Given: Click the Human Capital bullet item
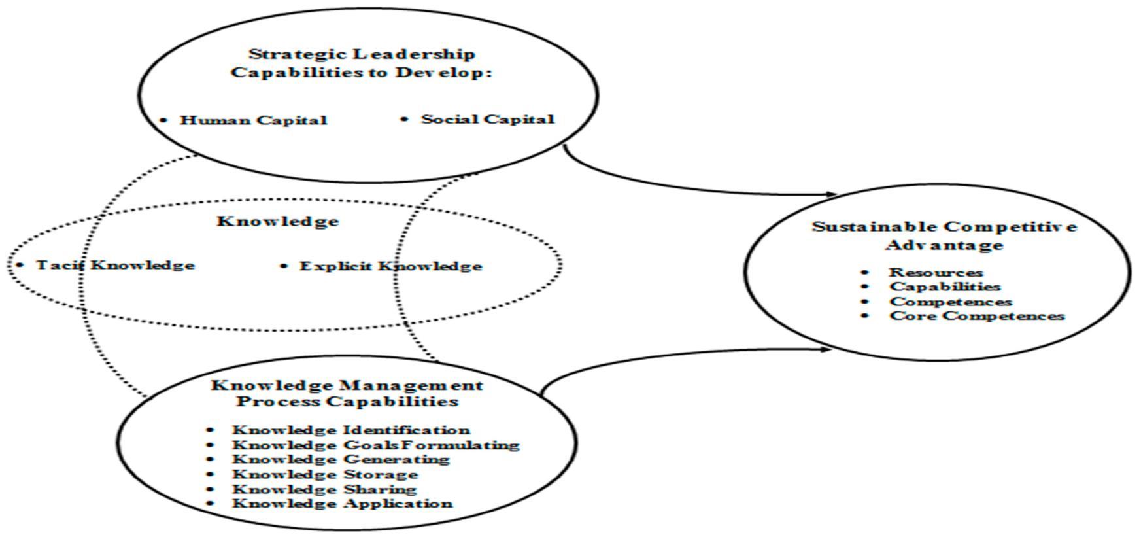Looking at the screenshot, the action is [x=253, y=120].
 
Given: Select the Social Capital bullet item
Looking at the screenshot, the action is [x=487, y=119].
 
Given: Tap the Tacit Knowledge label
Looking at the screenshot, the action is [x=115, y=265].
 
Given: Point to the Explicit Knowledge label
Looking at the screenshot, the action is [x=390, y=266].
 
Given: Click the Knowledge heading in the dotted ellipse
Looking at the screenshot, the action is [x=278, y=221].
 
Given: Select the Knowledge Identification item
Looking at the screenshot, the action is [x=350, y=430].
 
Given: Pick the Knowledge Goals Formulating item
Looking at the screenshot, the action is [x=375, y=445].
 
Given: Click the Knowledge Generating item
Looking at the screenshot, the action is [x=341, y=459].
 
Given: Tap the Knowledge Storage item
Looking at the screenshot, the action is [x=325, y=474].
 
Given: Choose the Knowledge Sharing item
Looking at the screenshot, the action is [x=324, y=489].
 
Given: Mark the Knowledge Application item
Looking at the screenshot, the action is [x=342, y=504].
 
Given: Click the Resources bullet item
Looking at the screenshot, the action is [x=936, y=272].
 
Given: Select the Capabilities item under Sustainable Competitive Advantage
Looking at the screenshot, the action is [x=945, y=287].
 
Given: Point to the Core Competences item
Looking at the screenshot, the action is [x=977, y=316].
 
